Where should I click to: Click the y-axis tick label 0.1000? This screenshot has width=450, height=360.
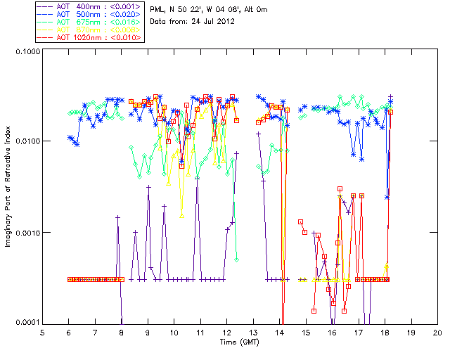coord(27,51)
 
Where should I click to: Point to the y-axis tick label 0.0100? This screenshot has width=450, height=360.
coord(27,142)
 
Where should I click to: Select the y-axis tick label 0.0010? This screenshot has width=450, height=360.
coord(27,233)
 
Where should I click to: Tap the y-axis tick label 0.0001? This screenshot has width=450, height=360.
coord(27,323)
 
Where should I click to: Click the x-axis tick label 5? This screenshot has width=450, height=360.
coord(43,333)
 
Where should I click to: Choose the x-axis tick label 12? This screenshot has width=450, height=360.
coord(227,333)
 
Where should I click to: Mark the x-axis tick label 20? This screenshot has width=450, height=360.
coord(437,333)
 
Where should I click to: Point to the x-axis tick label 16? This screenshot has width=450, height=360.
coord(332,333)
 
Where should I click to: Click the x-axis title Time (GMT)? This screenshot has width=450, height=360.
coord(240,342)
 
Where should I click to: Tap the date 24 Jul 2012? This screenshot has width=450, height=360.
coord(213,22)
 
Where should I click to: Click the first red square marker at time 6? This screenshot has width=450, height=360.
coord(69,280)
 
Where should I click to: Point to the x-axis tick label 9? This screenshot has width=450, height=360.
coord(148,333)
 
